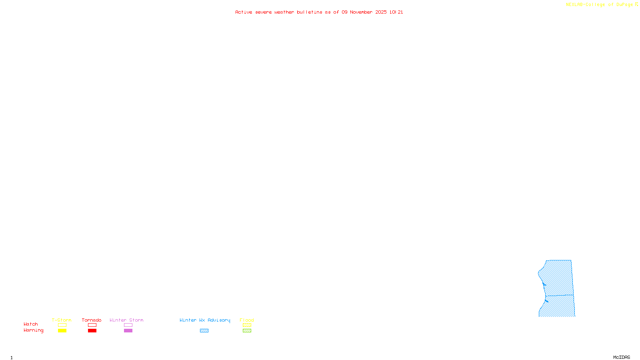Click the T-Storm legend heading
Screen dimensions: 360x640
point(62,320)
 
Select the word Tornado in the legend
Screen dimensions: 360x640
point(92,320)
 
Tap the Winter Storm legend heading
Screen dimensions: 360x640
point(126,320)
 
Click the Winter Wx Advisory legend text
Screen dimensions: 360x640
point(205,320)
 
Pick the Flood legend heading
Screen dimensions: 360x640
point(247,320)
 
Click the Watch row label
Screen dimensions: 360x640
point(31,324)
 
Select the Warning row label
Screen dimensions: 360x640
point(33,330)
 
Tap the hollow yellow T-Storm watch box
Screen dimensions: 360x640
point(62,325)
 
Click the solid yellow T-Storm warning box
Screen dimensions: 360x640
point(62,331)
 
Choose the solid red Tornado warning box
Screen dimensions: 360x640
point(92,331)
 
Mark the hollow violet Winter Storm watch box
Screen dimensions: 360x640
point(128,325)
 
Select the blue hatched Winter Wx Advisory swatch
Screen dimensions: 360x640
point(204,331)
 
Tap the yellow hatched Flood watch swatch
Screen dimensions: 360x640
point(247,325)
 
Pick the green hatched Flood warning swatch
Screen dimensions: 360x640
point(247,331)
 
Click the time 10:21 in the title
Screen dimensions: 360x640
point(396,12)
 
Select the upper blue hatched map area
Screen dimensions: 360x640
point(558,278)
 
